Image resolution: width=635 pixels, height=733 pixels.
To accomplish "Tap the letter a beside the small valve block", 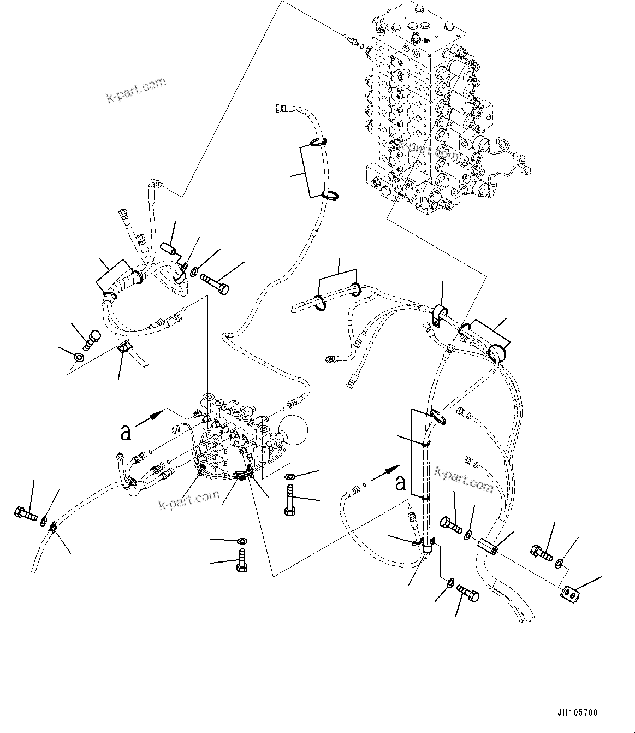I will [126, 433].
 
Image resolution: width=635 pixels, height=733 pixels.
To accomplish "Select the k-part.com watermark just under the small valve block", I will [189, 499].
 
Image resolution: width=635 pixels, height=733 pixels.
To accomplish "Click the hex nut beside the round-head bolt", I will [79, 358].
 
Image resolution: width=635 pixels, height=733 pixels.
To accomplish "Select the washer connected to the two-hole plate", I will [560, 563].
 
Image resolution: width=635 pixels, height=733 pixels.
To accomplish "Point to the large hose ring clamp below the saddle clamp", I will [498, 353].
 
